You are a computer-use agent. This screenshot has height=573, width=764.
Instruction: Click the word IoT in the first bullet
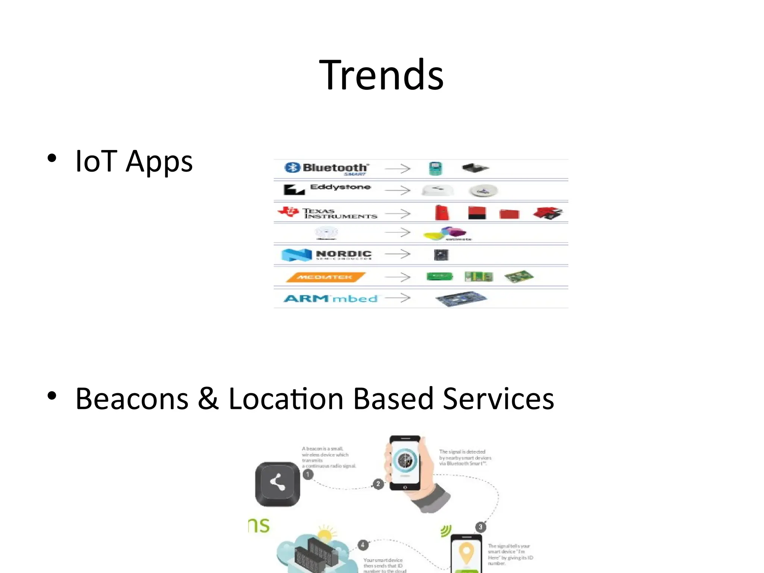96,161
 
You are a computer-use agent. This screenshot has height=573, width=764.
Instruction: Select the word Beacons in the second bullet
132,399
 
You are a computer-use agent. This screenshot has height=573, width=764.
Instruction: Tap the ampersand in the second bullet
208,399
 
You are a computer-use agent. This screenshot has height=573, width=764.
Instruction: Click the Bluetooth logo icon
292,168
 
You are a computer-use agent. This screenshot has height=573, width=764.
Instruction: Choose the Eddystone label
340,187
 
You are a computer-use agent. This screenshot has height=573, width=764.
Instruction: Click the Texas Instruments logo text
339,213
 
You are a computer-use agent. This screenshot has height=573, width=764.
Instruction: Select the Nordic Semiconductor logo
327,255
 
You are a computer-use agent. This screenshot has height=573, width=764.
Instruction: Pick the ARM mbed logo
331,298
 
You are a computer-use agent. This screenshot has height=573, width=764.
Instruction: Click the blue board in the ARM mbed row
461,298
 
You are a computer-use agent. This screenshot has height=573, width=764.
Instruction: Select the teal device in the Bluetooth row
435,169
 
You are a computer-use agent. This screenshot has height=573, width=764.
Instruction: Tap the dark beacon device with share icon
277,484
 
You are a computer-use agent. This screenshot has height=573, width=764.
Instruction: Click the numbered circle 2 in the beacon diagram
378,484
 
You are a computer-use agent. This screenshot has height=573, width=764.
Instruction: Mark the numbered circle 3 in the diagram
480,527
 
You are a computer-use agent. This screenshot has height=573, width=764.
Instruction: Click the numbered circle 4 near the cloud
363,545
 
